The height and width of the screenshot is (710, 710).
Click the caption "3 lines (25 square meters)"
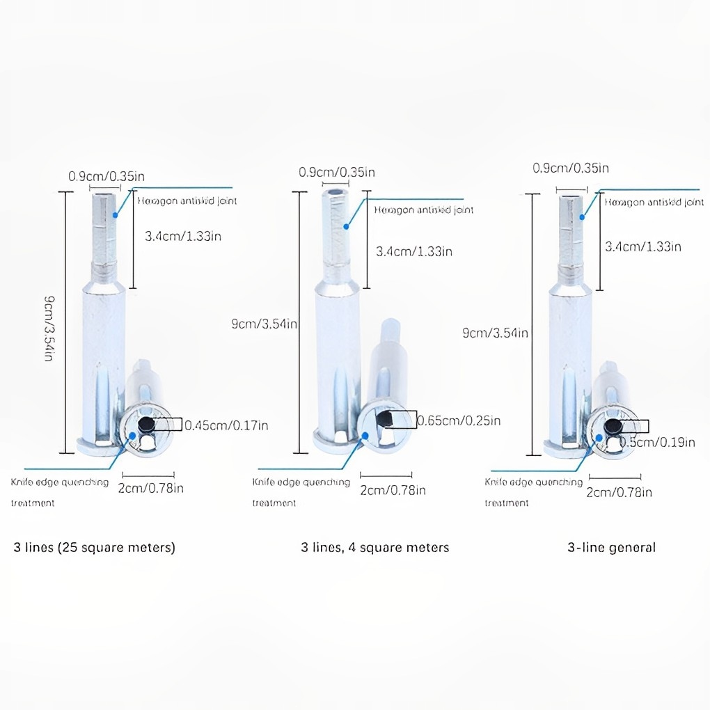click(95, 547)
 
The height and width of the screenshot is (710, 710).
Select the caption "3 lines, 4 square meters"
click(374, 547)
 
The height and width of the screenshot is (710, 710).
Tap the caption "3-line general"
click(611, 547)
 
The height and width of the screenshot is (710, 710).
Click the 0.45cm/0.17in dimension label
click(226, 425)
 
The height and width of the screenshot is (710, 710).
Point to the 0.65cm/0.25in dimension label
click(458, 420)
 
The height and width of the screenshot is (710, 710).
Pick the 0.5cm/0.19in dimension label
click(656, 441)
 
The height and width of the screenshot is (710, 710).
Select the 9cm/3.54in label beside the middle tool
click(265, 324)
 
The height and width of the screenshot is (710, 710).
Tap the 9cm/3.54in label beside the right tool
click(495, 333)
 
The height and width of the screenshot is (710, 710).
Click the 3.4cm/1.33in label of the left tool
click(182, 236)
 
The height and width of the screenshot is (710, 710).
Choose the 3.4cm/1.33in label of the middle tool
click(413, 251)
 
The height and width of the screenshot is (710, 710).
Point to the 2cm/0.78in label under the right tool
click(619, 492)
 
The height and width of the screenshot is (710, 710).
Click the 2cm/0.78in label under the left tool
click(150, 488)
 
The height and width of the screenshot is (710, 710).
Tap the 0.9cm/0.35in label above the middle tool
click(337, 172)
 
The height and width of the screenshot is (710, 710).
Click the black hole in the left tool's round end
click(146, 425)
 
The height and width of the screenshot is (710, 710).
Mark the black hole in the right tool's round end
click(613, 426)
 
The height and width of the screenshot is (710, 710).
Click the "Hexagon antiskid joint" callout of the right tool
click(654, 203)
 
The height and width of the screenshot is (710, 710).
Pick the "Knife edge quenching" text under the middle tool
click(301, 482)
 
